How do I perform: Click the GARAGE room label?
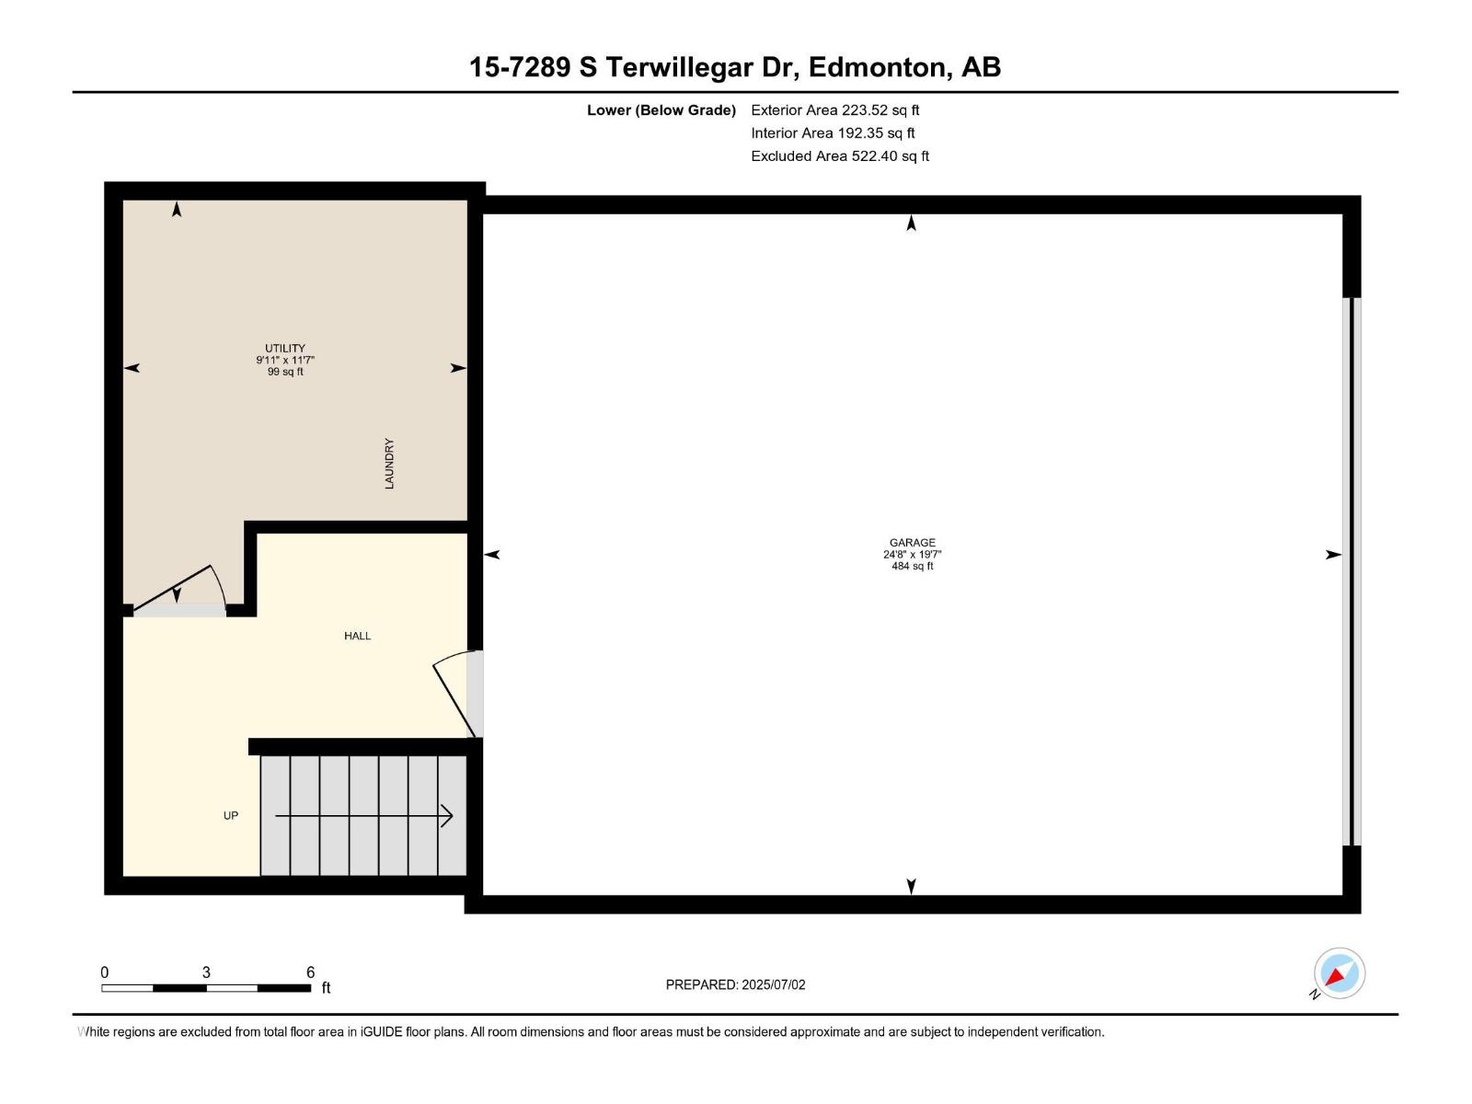point(912,543)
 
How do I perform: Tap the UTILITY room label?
point(285,349)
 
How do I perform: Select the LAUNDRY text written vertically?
point(389,464)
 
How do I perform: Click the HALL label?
point(357,636)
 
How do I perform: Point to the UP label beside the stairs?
point(231,816)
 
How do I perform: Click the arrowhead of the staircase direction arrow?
point(448,816)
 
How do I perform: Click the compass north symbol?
point(1339,973)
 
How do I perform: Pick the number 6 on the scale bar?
point(311,972)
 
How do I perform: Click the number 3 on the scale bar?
point(206,972)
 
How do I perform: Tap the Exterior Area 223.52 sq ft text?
point(834,110)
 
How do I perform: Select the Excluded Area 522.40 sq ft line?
point(839,156)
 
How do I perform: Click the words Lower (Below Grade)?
point(661,110)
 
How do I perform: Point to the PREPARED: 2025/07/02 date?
point(735,984)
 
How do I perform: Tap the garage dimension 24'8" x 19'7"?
point(912,555)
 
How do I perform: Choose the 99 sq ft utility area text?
point(285,372)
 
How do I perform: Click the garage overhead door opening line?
point(1351,570)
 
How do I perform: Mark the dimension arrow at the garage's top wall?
point(911,223)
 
